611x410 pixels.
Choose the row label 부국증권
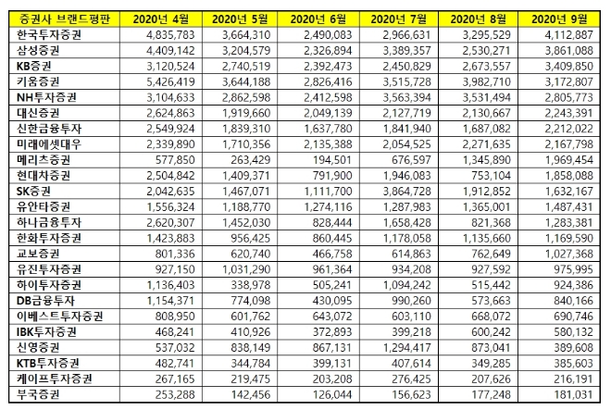(43, 395)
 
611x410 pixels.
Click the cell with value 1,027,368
(566, 254)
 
